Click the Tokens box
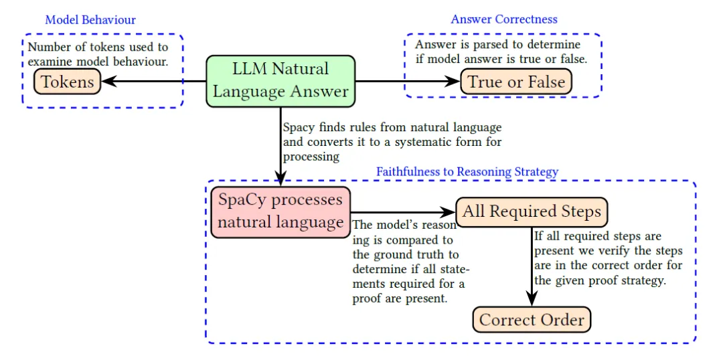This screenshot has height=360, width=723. point(68,82)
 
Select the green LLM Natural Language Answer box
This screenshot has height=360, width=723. point(280,82)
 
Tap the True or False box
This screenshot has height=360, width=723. point(516,82)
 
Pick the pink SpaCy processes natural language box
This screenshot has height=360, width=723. point(280,212)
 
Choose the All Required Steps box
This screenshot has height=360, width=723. point(532,212)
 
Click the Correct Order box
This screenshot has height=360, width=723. point(532,319)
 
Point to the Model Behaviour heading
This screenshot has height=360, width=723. point(90,20)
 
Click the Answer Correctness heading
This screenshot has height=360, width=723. point(504,19)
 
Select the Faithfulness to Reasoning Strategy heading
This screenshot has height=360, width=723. point(467,172)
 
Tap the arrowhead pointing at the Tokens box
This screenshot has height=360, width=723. point(108,82)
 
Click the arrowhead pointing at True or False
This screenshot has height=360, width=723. point(454,82)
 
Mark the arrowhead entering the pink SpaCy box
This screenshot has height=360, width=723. point(280,179)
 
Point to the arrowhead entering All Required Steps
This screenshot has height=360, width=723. point(449,212)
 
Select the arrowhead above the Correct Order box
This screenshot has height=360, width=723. point(532,299)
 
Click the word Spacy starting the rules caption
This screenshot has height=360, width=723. point(297,128)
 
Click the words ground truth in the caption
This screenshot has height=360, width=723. point(405,254)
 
